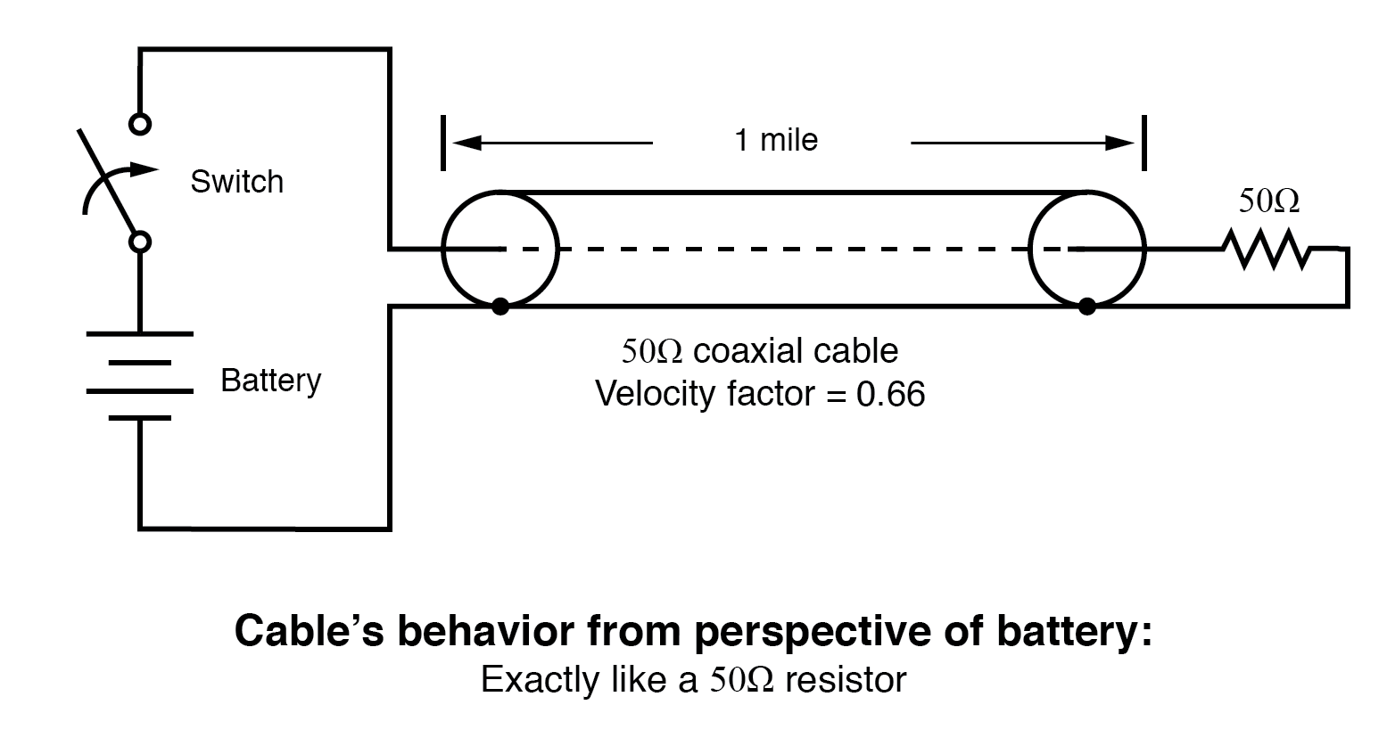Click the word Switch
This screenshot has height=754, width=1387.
pos(236,182)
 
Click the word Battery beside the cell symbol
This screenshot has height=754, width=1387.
pos(270,381)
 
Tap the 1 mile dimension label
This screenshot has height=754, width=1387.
pos(776,140)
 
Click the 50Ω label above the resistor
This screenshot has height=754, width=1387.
pos(1268,201)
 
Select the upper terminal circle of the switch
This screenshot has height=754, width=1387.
pos(140,123)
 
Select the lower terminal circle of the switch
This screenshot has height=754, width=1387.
pos(140,242)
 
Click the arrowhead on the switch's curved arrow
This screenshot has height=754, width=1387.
pos(147,167)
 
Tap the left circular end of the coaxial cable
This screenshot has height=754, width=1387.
pos(499,249)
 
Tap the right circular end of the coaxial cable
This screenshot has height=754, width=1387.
pos(1086,249)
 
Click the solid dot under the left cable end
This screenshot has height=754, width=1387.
pos(500,307)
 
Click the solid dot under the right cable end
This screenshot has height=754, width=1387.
pos(1086,307)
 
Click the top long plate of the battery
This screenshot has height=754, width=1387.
pos(140,333)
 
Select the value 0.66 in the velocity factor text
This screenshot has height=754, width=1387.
pos(890,394)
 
